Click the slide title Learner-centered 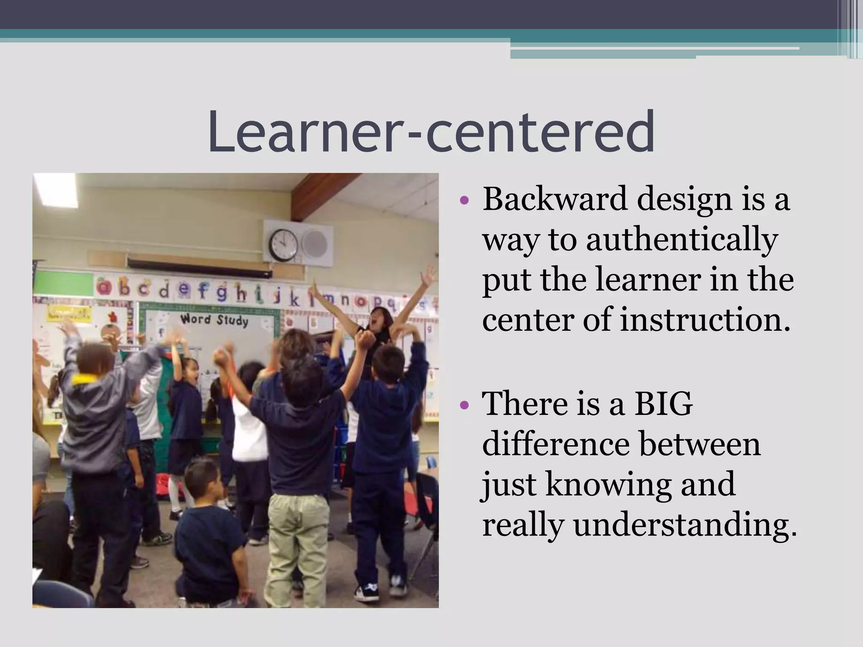(431, 131)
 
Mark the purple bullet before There (464, 405)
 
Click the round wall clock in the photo (283, 245)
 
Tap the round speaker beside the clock (315, 244)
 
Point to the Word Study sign (214, 320)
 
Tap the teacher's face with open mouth (376, 319)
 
